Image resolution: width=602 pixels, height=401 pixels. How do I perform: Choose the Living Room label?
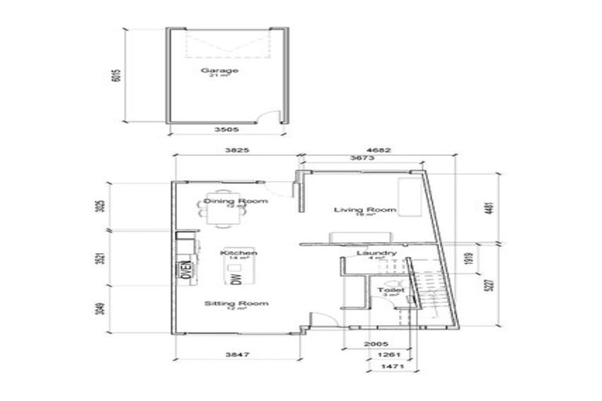click(x=364, y=210)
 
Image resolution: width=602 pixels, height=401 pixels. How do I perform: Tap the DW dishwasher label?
click(x=234, y=278)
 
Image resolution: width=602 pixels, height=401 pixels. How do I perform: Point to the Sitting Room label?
click(x=225, y=303)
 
